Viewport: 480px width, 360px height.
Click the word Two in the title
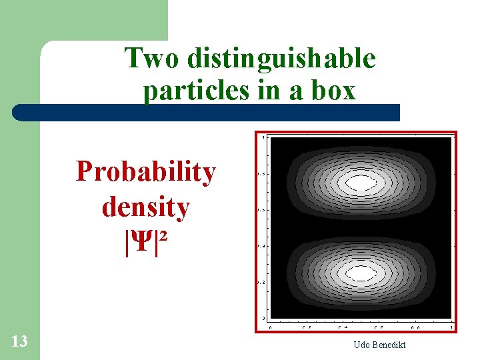click(152, 59)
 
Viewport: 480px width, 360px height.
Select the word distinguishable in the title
click(281, 59)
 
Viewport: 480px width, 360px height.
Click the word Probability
click(145, 171)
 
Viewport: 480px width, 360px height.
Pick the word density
click(145, 207)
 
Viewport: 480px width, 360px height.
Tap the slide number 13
click(19, 341)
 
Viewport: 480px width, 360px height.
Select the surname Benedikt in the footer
click(389, 344)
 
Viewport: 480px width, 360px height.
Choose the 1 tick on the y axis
click(263, 138)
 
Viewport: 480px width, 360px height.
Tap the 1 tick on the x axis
click(452, 327)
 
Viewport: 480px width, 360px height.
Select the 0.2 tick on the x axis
click(306, 327)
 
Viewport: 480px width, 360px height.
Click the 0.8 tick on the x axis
click(415, 327)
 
